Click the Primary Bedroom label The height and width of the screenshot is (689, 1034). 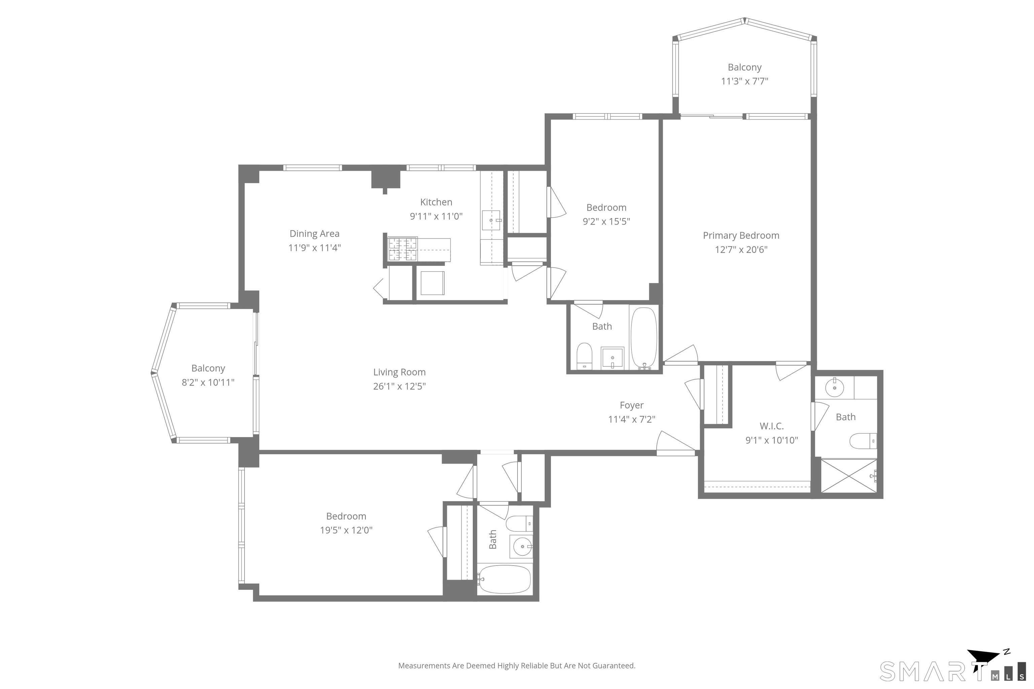click(x=741, y=235)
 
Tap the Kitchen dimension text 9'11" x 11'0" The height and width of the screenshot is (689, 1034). click(x=436, y=216)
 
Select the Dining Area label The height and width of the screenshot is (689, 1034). click(x=314, y=234)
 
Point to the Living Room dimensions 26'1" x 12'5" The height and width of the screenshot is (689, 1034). click(x=399, y=386)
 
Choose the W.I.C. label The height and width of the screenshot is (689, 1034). click(x=771, y=426)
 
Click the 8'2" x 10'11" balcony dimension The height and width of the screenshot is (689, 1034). click(x=208, y=382)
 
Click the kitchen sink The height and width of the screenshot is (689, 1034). click(x=491, y=220)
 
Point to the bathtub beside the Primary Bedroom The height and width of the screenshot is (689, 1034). click(x=644, y=338)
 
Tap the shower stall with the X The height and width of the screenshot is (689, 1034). click(x=849, y=476)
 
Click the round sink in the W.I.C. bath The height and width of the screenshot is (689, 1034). click(x=834, y=388)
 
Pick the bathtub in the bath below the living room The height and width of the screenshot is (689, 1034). click(x=504, y=579)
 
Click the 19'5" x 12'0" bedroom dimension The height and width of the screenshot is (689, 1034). click(x=346, y=530)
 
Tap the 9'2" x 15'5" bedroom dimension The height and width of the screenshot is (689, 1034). click(x=606, y=221)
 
